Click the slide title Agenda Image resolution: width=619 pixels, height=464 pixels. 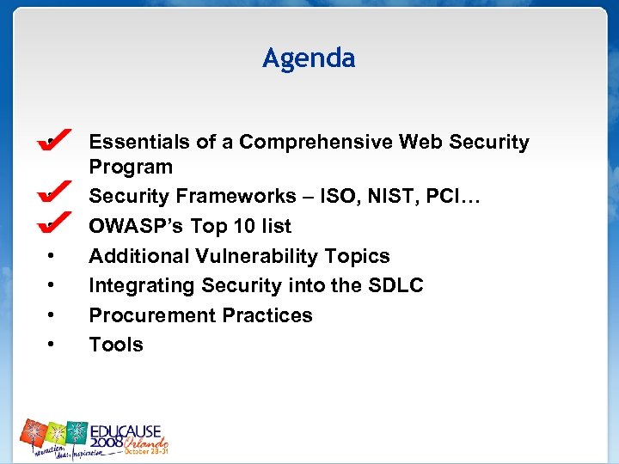click(x=309, y=58)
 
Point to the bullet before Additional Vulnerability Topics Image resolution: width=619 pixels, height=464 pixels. click(x=53, y=256)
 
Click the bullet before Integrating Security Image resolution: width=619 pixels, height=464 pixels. click(x=53, y=285)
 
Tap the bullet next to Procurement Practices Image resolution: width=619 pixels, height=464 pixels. click(x=53, y=315)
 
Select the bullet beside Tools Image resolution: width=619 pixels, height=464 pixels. click(x=53, y=345)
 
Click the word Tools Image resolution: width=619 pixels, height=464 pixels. click(x=116, y=345)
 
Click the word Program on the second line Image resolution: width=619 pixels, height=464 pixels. click(x=131, y=167)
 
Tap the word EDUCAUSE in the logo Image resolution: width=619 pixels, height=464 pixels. click(x=129, y=427)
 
